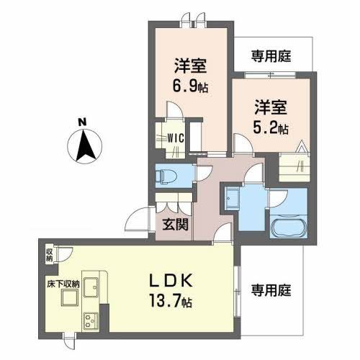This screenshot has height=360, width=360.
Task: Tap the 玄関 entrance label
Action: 175,225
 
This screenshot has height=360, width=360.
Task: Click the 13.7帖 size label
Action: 176,299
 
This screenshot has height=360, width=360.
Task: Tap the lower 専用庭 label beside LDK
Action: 270,290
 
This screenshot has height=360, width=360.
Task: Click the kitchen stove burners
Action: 91,319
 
